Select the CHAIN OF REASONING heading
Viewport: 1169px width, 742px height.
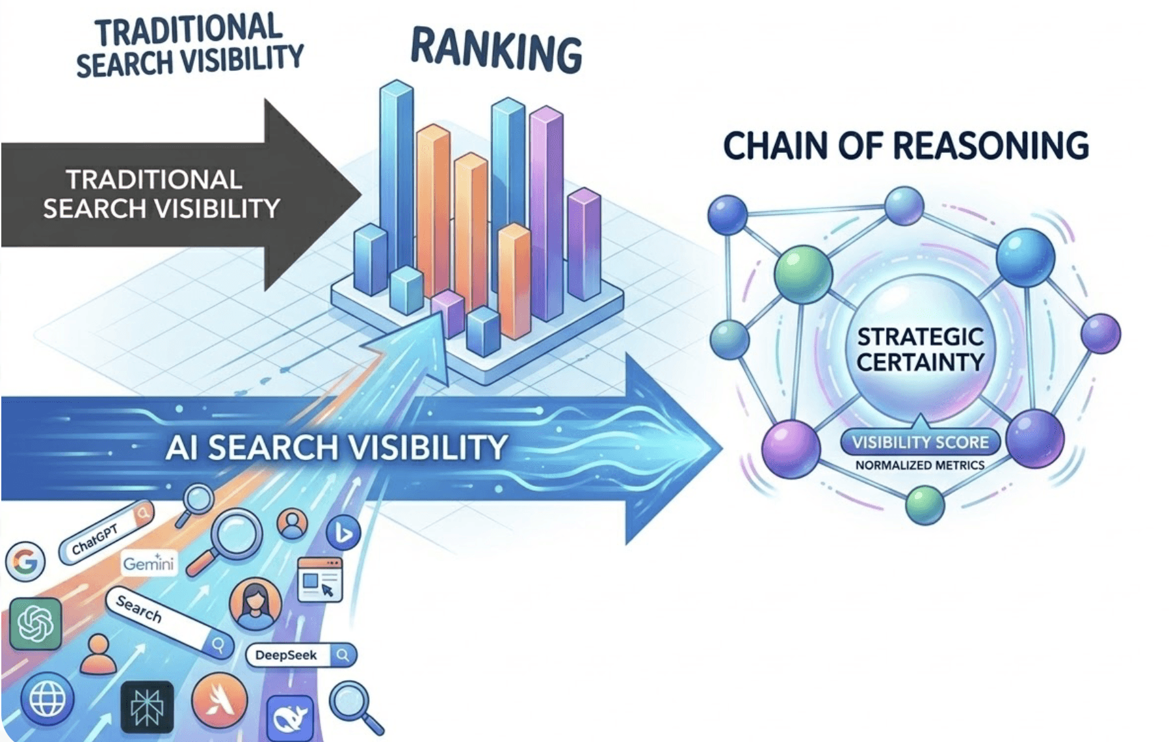[x=906, y=146]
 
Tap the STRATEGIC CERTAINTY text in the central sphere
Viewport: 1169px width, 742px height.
[x=920, y=350]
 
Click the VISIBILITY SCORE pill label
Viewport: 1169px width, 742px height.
[x=920, y=443]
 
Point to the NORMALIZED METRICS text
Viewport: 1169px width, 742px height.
[x=920, y=465]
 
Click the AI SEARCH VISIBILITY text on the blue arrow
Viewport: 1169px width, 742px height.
[x=336, y=448]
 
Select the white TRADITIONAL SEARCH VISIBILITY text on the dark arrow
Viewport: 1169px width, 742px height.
[x=161, y=194]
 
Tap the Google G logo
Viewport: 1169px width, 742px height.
[x=25, y=561]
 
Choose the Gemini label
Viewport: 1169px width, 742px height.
[x=149, y=563]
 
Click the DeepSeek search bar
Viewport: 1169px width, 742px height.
[x=301, y=655]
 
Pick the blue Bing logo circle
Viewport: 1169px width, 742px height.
[x=343, y=534]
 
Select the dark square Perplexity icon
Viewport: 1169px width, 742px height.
[x=147, y=707]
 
